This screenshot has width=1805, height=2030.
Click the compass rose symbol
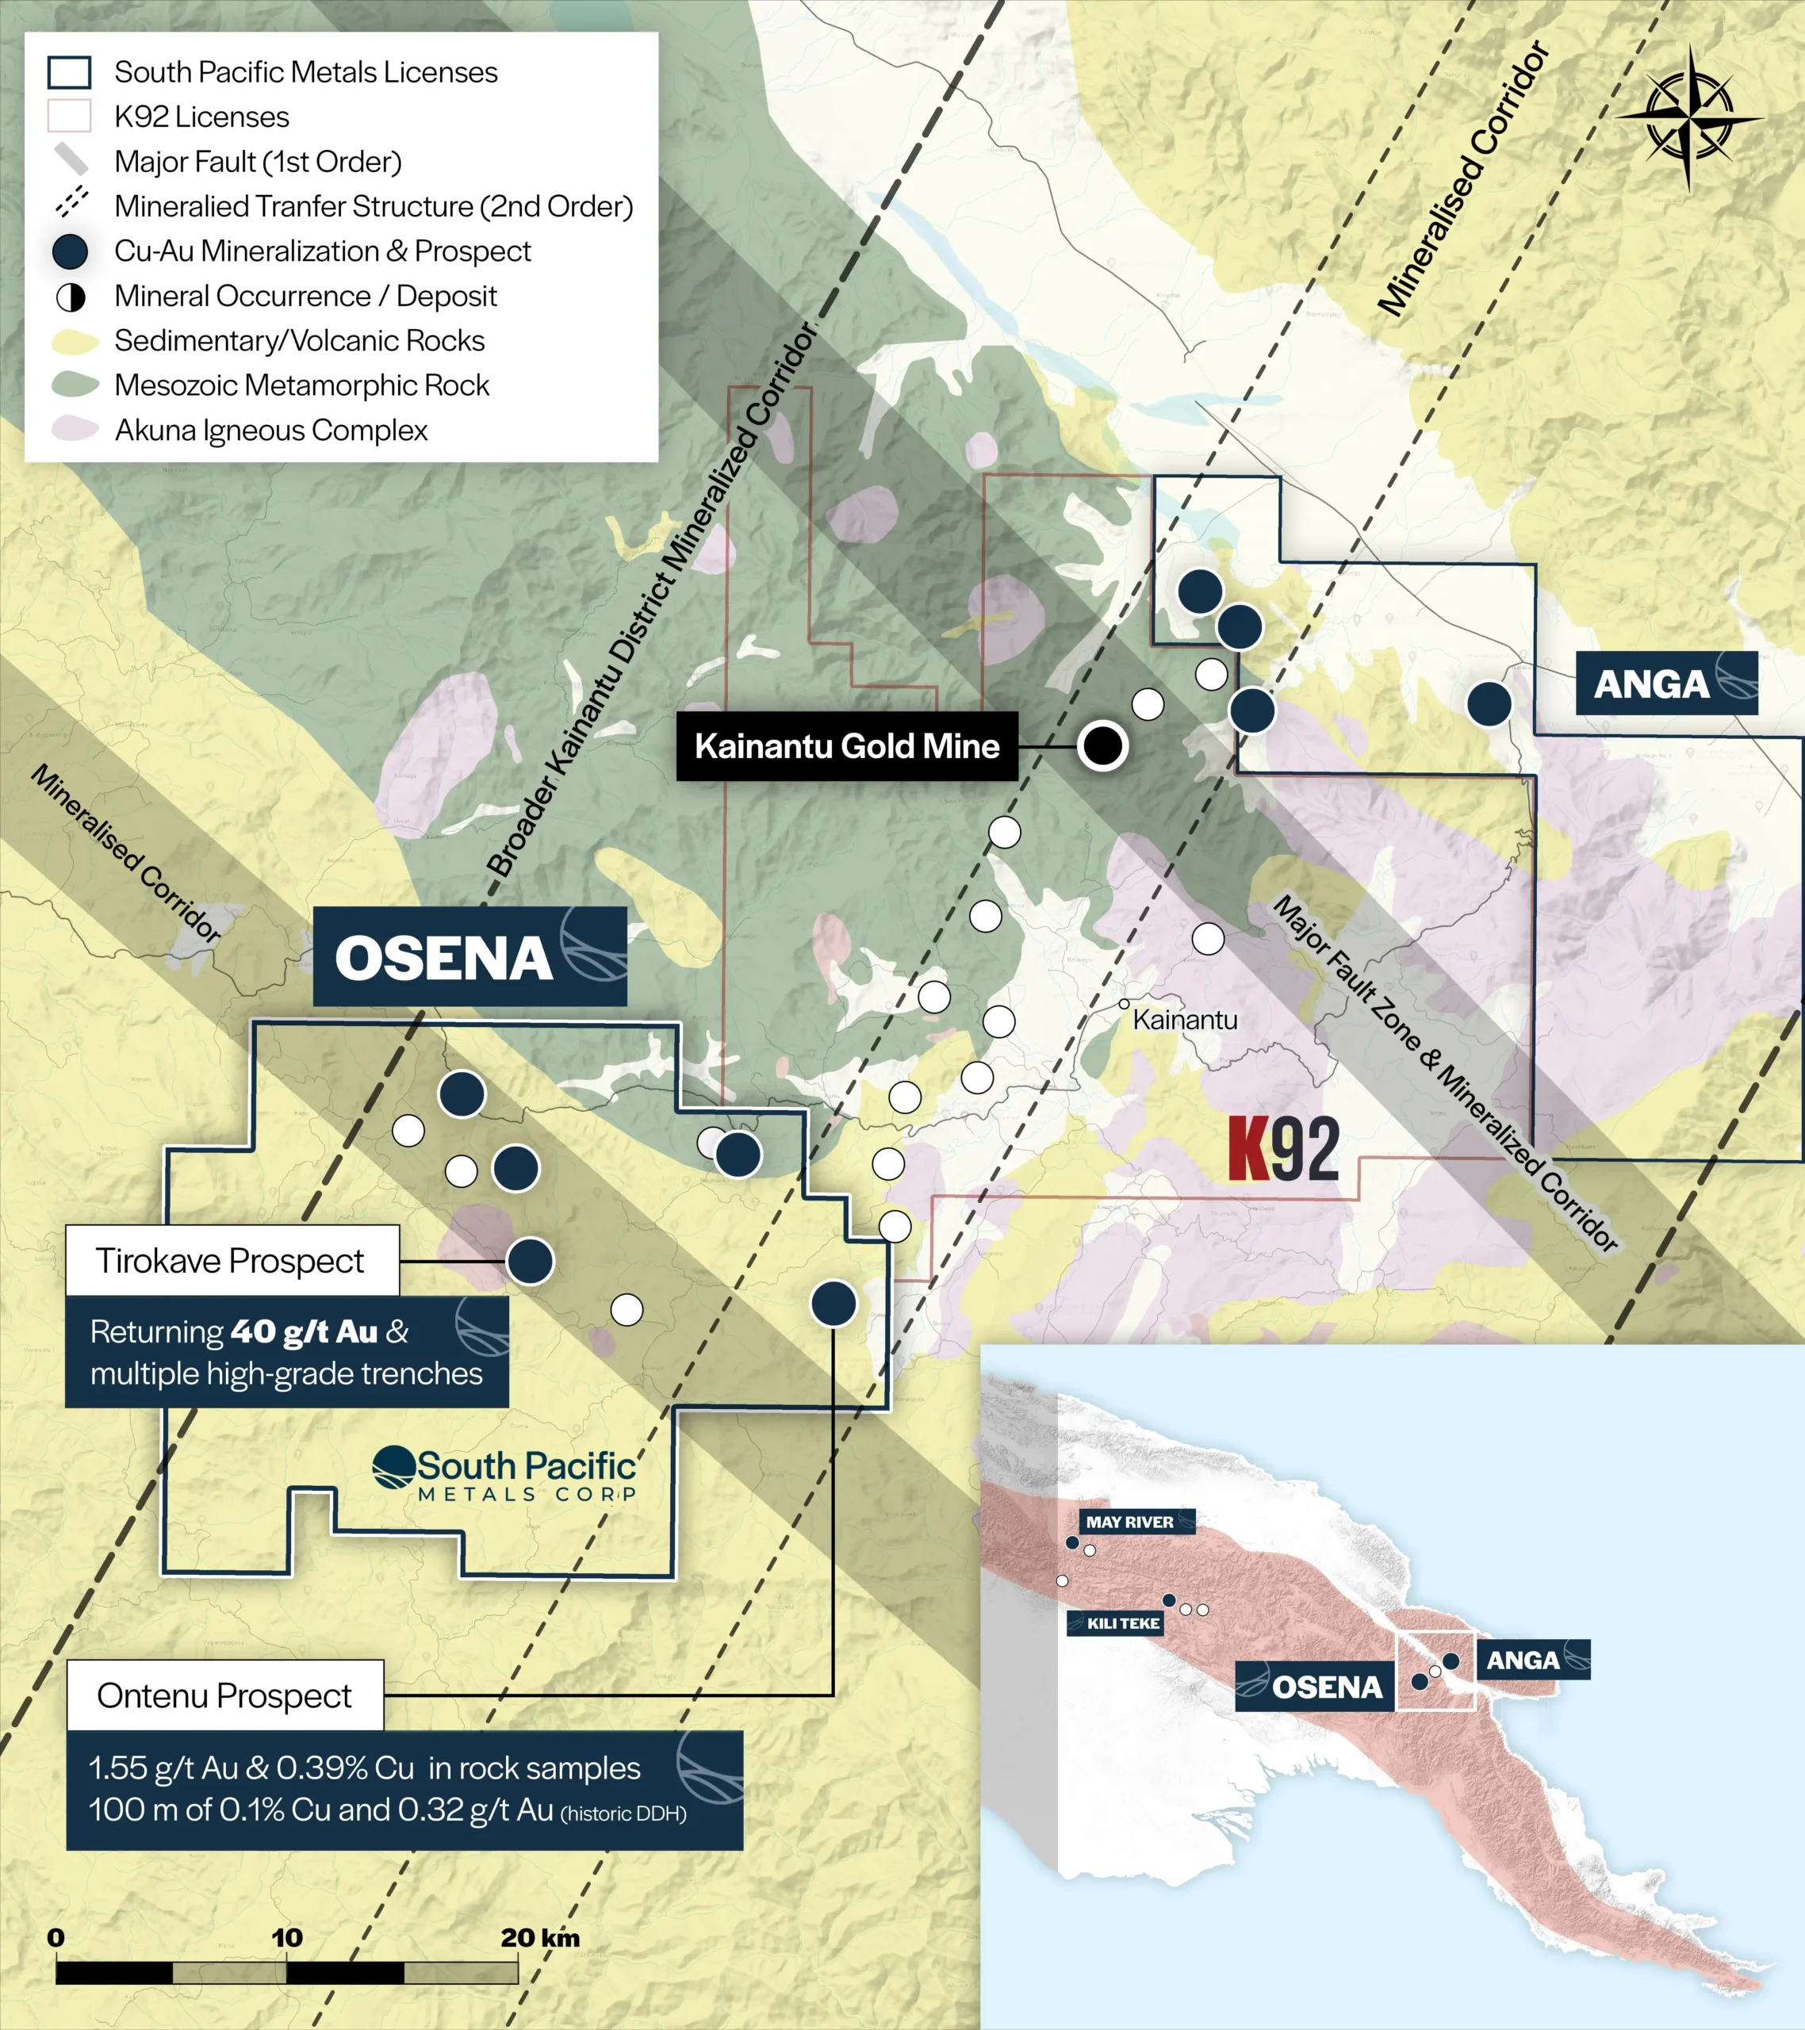tap(1688, 117)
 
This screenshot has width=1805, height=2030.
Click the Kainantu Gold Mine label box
tap(846, 746)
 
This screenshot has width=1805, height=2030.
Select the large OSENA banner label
tap(469, 956)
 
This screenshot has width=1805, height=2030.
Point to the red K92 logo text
tap(1283, 1149)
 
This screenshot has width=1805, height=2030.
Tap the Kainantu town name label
tap(1184, 1020)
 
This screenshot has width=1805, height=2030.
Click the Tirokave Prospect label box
tap(232, 1260)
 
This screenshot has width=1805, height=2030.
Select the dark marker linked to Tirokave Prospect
tap(530, 1262)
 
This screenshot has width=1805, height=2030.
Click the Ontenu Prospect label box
tap(224, 1695)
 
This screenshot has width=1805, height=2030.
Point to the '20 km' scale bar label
tap(539, 1938)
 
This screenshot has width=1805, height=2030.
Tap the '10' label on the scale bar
tap(287, 1938)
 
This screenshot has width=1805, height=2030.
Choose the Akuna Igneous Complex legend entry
tap(270, 430)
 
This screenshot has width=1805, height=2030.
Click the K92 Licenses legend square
tap(70, 117)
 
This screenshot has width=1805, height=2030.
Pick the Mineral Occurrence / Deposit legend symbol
tap(70, 296)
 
